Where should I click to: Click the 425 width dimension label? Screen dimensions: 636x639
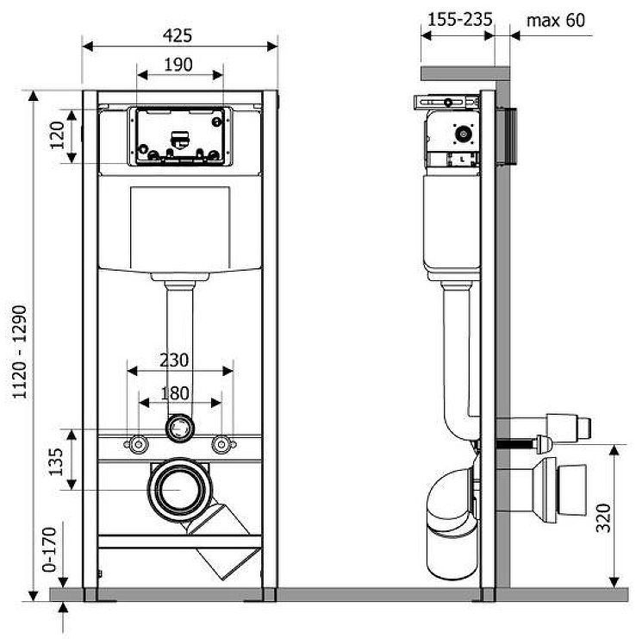178,35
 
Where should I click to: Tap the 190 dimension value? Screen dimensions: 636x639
178,65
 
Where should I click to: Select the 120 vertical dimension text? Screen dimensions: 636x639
57,135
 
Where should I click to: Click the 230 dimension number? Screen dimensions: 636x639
174,360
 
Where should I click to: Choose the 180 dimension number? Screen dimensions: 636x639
175,393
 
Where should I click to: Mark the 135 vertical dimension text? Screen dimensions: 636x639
56,462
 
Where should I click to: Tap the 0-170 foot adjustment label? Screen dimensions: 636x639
49,550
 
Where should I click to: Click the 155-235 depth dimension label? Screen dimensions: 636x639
460,20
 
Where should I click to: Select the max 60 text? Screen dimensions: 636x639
555,21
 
